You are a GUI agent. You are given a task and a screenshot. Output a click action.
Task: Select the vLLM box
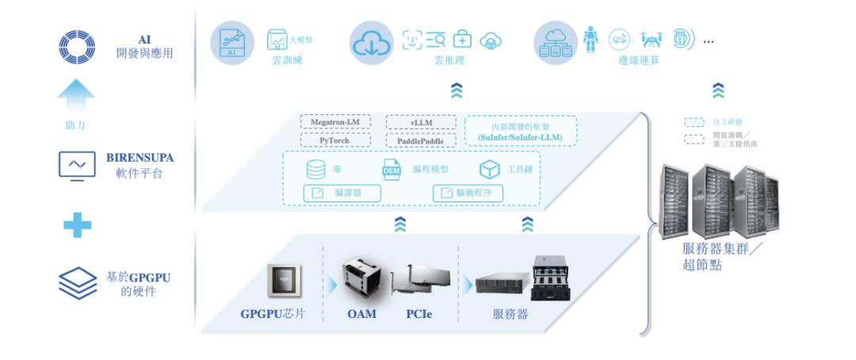(421, 122)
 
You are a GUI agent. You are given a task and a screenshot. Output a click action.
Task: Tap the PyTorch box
(337, 140)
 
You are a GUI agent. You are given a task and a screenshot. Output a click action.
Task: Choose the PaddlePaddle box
(421, 140)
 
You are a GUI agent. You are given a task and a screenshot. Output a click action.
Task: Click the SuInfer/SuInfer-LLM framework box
(521, 130)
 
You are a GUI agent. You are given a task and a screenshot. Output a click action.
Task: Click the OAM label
(361, 314)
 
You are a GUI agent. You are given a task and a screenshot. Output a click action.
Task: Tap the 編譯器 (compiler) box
(342, 193)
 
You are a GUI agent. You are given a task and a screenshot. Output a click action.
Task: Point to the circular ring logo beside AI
(77, 47)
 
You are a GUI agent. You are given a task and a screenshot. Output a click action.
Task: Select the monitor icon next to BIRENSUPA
(77, 165)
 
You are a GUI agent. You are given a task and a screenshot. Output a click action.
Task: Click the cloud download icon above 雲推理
(370, 44)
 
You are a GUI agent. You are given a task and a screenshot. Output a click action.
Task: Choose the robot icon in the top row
(590, 40)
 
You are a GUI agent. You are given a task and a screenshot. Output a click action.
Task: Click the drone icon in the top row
(650, 40)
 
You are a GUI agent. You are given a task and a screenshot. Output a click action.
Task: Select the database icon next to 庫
(314, 170)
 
